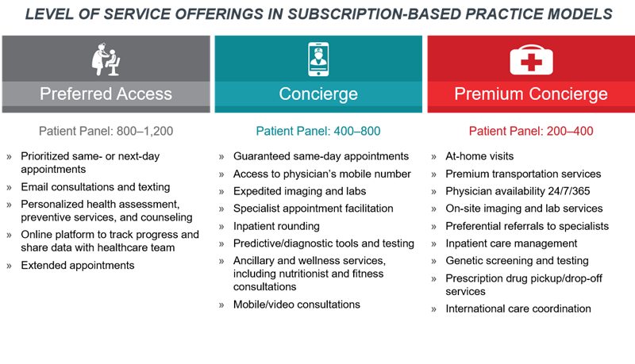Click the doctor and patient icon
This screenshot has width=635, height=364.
[x=106, y=59]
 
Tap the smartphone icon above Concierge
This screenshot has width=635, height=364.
[x=318, y=59]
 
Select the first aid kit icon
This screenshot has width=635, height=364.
[x=531, y=59]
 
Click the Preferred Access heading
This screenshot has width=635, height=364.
[x=106, y=94]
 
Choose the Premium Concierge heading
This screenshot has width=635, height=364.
[x=531, y=94]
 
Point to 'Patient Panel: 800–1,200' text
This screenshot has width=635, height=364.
[x=106, y=131]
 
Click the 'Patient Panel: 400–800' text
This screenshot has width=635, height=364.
[x=318, y=131]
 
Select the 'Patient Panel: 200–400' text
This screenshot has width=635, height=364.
[x=531, y=131]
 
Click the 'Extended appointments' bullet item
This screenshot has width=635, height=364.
[x=77, y=266]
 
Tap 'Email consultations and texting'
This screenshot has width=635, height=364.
[x=95, y=187]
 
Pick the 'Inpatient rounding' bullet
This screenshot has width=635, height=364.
[x=276, y=226]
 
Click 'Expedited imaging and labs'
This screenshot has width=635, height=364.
[x=299, y=191]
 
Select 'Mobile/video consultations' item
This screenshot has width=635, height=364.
[x=296, y=305]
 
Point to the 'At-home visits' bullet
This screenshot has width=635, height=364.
[x=479, y=156]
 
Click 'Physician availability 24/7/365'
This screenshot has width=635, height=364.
[x=518, y=191]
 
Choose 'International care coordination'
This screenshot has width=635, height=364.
[x=518, y=308]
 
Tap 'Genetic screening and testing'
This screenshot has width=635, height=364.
[x=517, y=261]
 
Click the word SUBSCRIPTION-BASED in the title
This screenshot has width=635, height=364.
[x=373, y=14]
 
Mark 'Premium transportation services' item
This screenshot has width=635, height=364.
[x=523, y=174]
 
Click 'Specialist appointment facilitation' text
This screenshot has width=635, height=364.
[x=313, y=209]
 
